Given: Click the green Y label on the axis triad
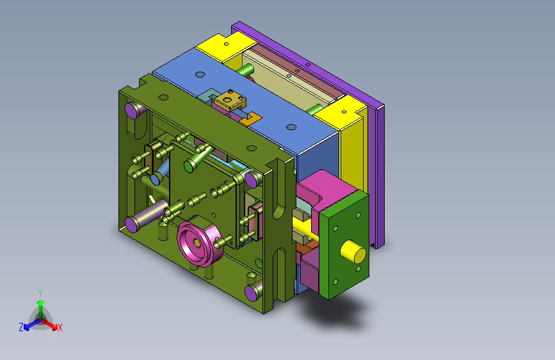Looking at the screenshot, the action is pyautogui.click(x=40, y=293).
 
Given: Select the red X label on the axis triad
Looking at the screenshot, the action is pyautogui.click(x=60, y=327).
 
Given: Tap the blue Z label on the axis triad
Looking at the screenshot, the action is pyautogui.click(x=21, y=327).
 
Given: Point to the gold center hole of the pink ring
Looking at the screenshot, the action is pyautogui.click(x=197, y=243).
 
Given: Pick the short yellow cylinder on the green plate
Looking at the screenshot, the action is pyautogui.click(x=353, y=251).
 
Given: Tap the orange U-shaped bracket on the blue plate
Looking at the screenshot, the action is pyautogui.click(x=250, y=119).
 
